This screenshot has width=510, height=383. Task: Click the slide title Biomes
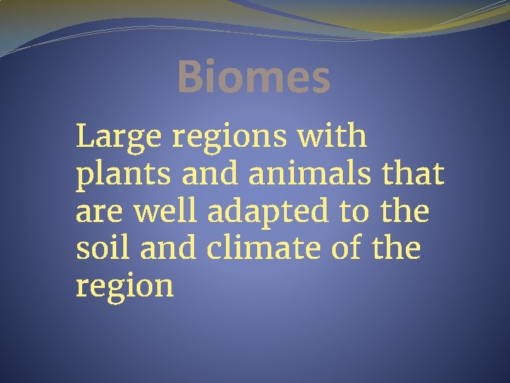click(x=254, y=77)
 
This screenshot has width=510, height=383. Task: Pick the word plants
click(x=113, y=174)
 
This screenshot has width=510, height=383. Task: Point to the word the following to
click(x=404, y=211)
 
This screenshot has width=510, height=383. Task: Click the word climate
click(x=259, y=248)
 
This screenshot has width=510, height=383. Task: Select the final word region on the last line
click(x=124, y=287)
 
